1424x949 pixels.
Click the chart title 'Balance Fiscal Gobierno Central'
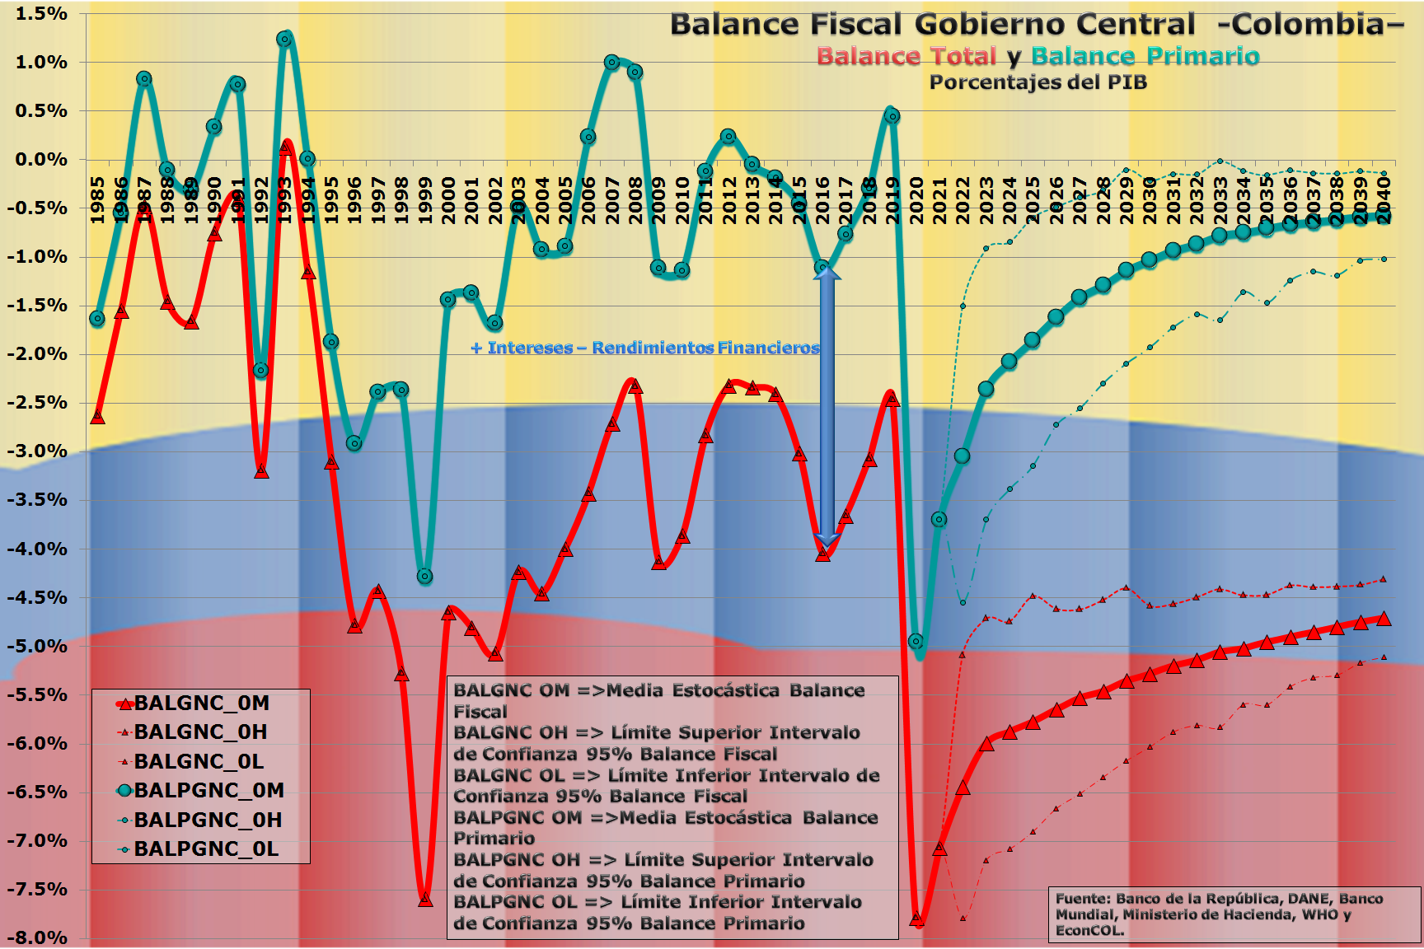[931, 25]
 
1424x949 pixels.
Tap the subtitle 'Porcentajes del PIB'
[1038, 82]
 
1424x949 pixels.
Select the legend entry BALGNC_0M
[201, 704]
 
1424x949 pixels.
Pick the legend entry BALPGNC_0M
[208, 791]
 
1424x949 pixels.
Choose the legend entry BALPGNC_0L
[206, 849]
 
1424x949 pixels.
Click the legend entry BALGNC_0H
[200, 732]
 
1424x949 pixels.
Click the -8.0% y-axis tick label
[38, 937]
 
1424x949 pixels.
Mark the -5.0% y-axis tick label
[38, 646]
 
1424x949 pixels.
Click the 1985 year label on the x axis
[97, 200]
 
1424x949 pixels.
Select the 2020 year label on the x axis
[916, 200]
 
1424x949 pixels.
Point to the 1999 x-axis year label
[425, 200]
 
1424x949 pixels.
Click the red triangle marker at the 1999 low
[425, 900]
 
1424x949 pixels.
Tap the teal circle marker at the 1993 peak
[284, 40]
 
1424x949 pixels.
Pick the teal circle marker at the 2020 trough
[916, 641]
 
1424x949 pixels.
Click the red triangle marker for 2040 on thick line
[1384, 619]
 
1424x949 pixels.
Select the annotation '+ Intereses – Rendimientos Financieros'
[645, 348]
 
